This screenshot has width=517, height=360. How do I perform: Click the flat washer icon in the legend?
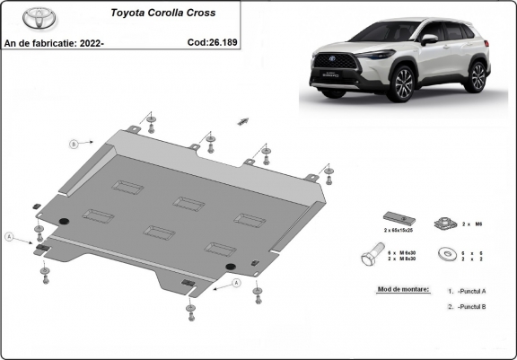[446, 255]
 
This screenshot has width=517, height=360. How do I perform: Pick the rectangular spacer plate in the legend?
[396, 219]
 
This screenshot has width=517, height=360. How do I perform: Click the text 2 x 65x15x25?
[398, 232]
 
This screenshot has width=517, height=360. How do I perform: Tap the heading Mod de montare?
[400, 290]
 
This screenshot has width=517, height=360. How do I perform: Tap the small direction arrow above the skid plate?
[241, 119]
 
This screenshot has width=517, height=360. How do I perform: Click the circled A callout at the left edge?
[9, 236]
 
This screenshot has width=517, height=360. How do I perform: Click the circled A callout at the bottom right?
[237, 283]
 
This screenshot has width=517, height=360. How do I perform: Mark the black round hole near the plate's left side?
[62, 223]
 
